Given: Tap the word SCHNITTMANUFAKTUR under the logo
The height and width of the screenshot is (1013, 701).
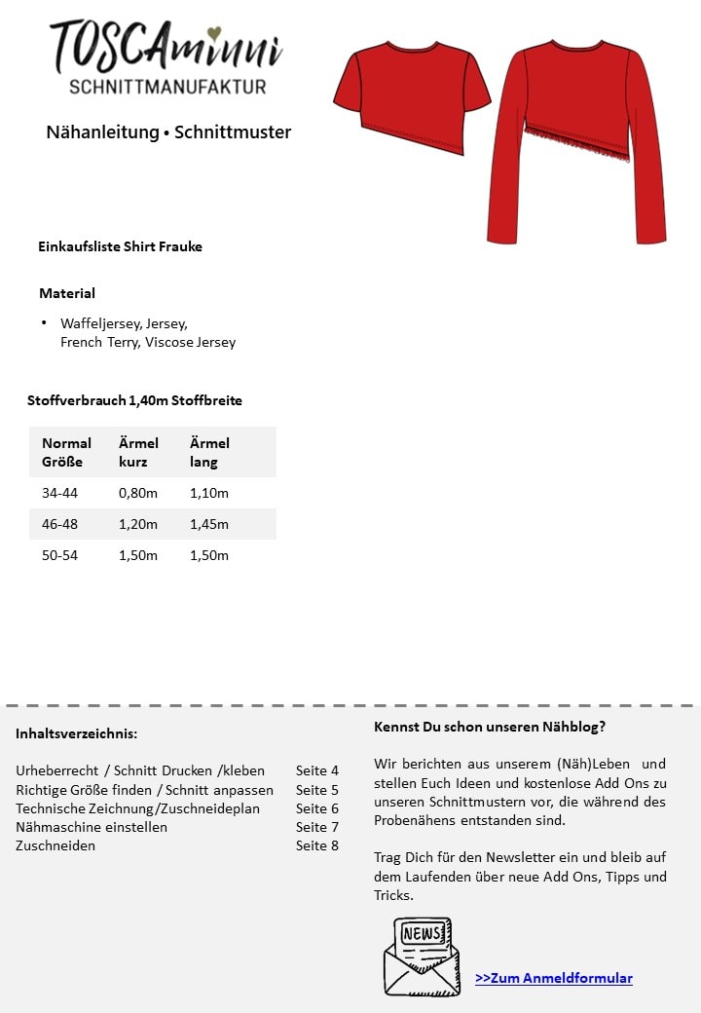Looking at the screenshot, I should click(x=167, y=87).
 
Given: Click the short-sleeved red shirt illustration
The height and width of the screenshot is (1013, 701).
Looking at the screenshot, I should click(x=412, y=97).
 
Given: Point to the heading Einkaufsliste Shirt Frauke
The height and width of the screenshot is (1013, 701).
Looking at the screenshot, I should click(x=120, y=246).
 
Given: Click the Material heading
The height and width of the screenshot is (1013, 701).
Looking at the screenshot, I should click(x=67, y=293).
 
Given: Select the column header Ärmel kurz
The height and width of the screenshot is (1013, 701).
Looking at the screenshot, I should click(x=138, y=452).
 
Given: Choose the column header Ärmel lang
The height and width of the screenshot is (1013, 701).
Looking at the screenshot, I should click(x=209, y=452).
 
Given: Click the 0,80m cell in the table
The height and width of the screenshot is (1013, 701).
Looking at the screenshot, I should click(x=138, y=493).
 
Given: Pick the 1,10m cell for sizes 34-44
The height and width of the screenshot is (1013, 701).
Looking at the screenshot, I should click(x=209, y=493).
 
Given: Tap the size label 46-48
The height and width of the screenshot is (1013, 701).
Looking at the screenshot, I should click(x=59, y=524).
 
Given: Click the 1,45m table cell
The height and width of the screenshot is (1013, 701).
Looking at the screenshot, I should click(x=209, y=524).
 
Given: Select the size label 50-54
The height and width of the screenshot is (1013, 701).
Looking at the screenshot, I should click(x=59, y=555).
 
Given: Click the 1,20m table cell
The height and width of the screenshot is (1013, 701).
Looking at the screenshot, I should click(x=138, y=524).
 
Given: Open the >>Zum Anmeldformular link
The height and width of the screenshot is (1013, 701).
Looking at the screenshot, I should click(x=554, y=978).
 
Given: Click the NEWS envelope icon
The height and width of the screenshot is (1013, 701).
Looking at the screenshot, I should click(x=422, y=956).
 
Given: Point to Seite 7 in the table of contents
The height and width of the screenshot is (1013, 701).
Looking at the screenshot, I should click(x=317, y=827).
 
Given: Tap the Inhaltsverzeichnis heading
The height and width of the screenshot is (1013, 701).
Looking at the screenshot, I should click(x=77, y=733).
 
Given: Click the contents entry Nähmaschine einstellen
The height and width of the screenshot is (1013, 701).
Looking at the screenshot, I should click(x=92, y=827).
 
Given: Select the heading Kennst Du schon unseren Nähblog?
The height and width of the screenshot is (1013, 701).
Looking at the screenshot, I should click(x=490, y=727).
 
